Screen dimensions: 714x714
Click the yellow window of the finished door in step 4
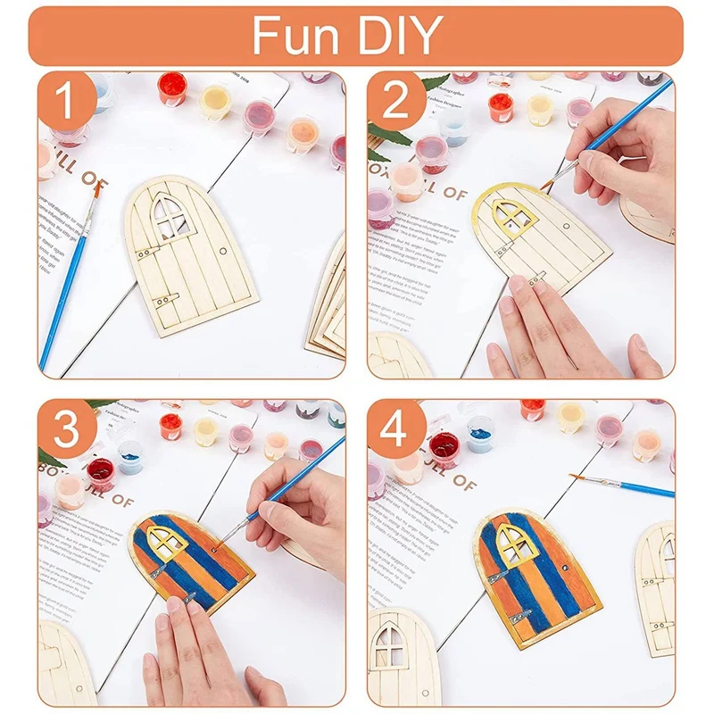[x=512, y=542]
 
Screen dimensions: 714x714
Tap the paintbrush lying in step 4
[x=625, y=486]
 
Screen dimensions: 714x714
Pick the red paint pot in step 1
[x=171, y=87]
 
